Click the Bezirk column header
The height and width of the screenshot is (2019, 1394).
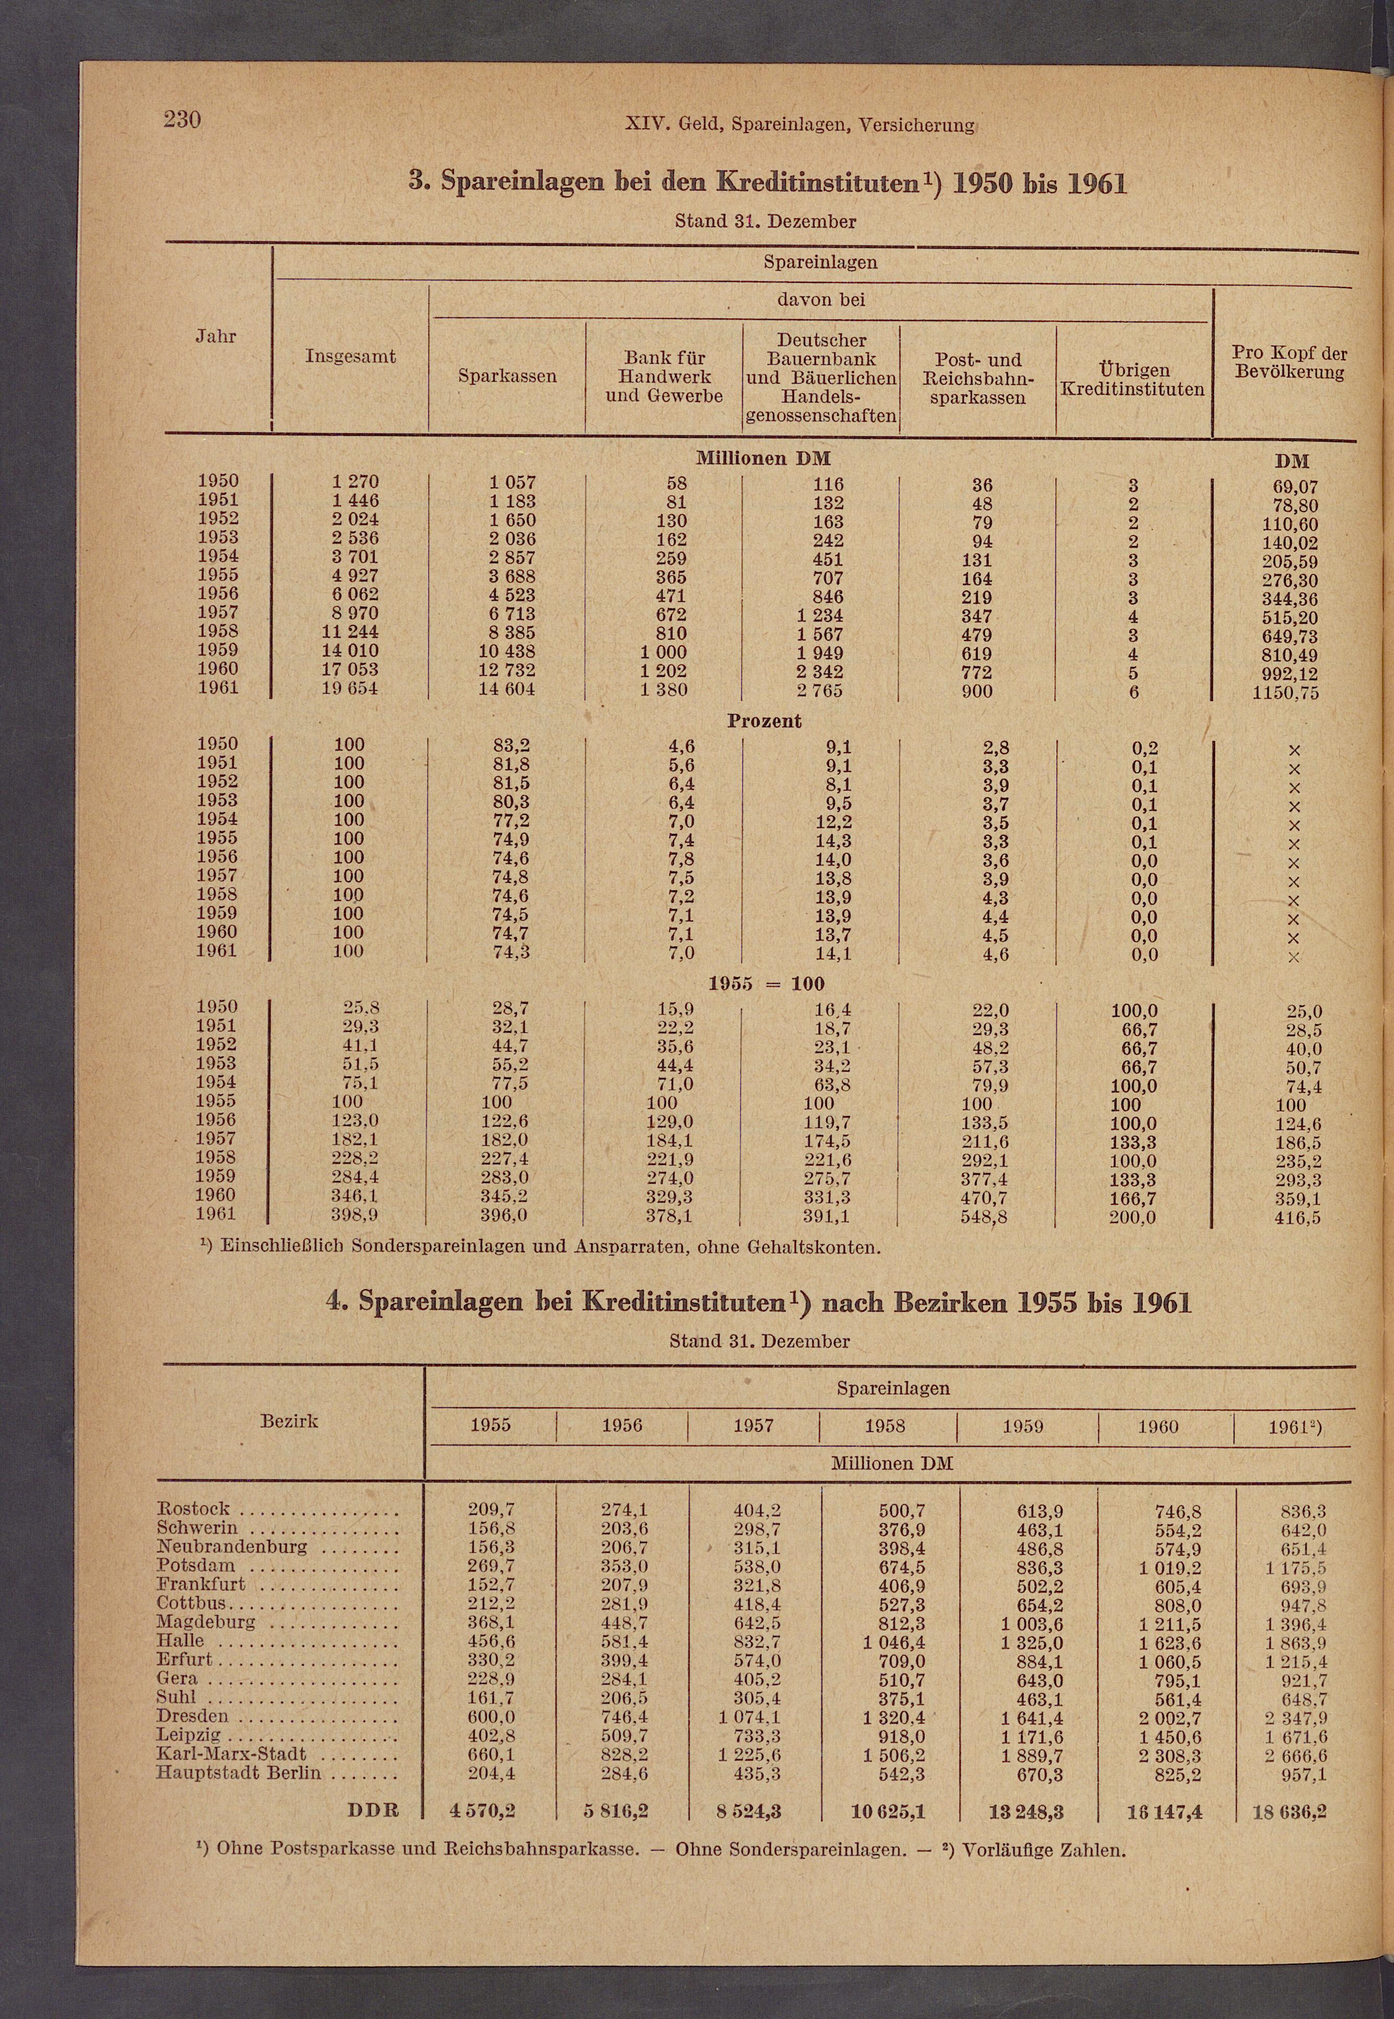coord(289,1421)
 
